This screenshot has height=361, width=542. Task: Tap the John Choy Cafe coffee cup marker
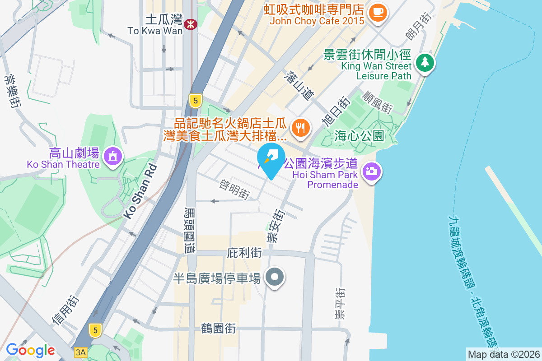(x=378, y=12)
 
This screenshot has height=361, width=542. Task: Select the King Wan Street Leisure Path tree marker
(x=425, y=63)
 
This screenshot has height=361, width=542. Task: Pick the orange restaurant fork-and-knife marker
(x=300, y=127)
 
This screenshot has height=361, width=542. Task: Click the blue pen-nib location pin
(x=271, y=159)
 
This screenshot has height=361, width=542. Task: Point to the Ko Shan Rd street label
(x=140, y=192)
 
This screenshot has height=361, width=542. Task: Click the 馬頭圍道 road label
(x=190, y=230)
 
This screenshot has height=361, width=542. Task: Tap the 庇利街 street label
(x=245, y=253)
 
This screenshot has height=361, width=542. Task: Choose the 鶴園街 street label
(x=219, y=328)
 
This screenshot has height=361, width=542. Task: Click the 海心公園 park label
(x=360, y=135)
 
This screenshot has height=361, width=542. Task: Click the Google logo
(x=30, y=350)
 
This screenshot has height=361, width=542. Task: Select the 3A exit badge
(x=80, y=352)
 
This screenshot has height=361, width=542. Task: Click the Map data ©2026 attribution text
(x=504, y=354)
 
